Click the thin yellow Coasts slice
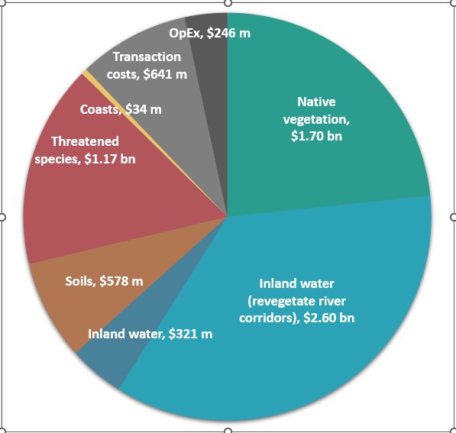click(x=86, y=73)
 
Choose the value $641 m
click(x=166, y=74)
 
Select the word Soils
click(x=80, y=282)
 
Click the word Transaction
click(x=147, y=57)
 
